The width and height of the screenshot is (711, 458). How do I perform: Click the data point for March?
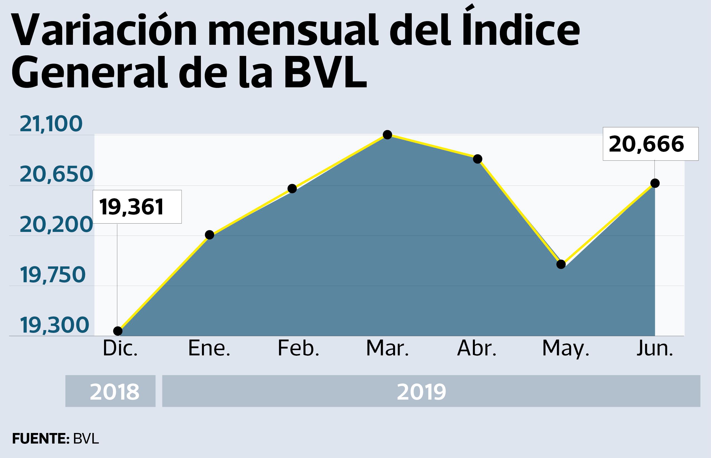tap(387, 135)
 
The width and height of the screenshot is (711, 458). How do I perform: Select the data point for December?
tap(118, 331)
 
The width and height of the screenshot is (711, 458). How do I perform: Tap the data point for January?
tap(209, 235)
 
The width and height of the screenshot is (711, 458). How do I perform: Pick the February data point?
tap(292, 189)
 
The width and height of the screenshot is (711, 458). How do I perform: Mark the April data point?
tap(477, 159)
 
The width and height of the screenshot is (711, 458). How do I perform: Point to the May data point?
tap(561, 264)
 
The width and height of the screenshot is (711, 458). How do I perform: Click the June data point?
tap(655, 183)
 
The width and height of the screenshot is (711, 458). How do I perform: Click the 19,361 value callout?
tap(137, 207)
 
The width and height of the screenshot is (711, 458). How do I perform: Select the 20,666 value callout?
tap(650, 144)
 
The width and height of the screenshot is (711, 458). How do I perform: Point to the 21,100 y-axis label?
tap(51, 124)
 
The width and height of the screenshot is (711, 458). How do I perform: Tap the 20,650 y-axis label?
tap(56, 174)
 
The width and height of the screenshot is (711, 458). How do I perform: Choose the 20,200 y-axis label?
tap(56, 225)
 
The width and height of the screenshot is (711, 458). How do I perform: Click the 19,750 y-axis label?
tap(53, 275)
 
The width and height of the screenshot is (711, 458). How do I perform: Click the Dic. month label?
tap(120, 348)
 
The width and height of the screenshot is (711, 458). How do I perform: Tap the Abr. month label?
tap(477, 348)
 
